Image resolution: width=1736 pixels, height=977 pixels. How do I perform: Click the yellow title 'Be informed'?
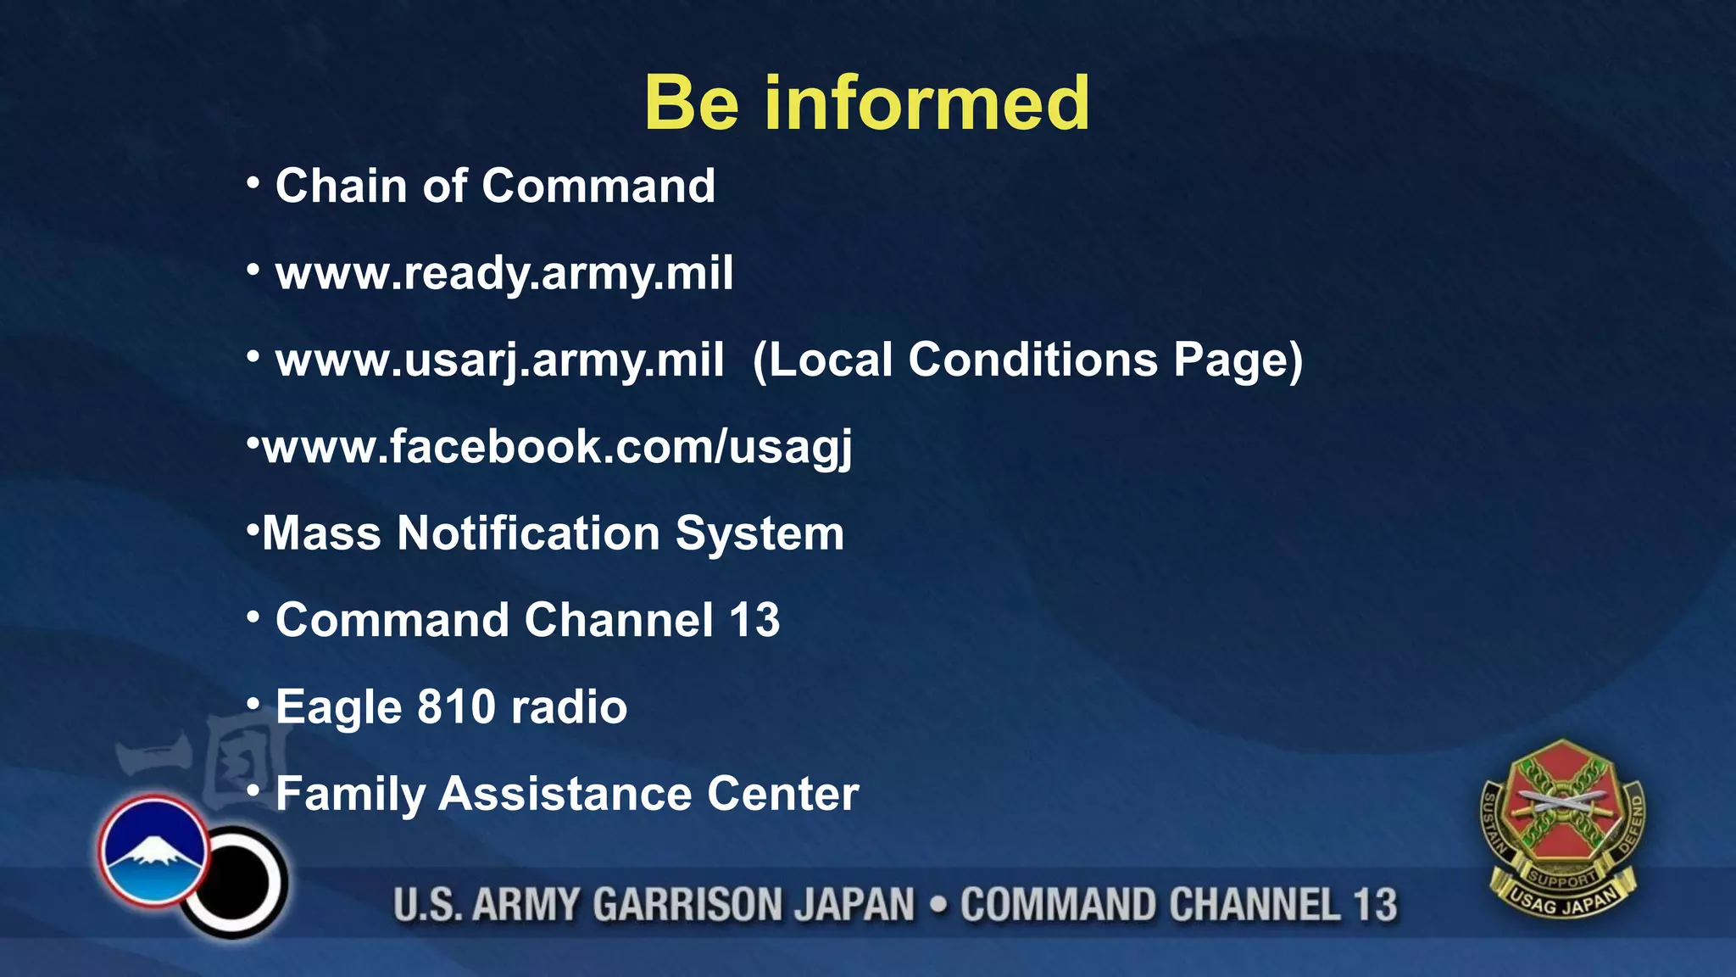[866, 103]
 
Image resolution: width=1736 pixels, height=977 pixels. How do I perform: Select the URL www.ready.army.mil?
[504, 273]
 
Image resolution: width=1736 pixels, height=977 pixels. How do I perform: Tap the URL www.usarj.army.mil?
[500, 360]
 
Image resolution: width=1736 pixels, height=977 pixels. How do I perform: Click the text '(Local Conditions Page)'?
[1027, 360]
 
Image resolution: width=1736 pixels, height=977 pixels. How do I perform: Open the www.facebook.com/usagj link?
[557, 447]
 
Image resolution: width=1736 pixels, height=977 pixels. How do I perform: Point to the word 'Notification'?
[528, 533]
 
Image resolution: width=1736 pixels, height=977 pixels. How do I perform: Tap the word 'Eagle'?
[337, 707]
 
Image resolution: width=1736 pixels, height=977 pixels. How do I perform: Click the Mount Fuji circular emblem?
[153, 851]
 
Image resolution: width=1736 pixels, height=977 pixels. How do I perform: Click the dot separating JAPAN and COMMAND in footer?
[938, 904]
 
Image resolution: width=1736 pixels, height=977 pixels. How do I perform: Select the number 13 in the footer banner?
[1374, 904]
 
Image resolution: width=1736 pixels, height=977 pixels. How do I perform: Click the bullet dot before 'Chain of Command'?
[253, 183]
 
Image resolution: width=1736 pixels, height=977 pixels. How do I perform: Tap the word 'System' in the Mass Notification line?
[759, 533]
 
